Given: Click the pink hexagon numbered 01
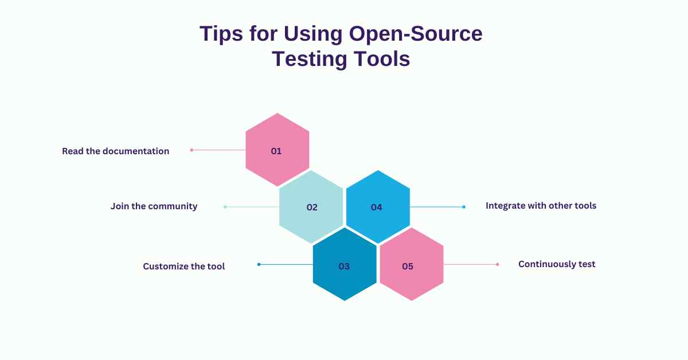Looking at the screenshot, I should click(x=277, y=150).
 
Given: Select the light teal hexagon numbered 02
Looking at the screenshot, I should click(x=311, y=207).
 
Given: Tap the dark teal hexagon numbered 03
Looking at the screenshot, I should click(x=345, y=265).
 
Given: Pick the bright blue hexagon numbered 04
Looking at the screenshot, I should click(x=377, y=207).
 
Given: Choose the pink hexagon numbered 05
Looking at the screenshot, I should click(x=411, y=265).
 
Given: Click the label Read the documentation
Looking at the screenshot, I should click(x=115, y=151).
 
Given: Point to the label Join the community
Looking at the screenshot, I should click(x=154, y=206).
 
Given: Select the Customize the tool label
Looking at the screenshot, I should click(x=183, y=266).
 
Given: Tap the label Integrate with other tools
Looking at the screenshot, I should click(x=541, y=205).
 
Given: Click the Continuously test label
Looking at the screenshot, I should click(x=557, y=264).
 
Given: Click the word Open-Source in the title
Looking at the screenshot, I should click(x=416, y=34).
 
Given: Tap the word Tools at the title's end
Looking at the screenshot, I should click(x=382, y=59).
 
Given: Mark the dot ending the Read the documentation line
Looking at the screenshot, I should click(x=191, y=150).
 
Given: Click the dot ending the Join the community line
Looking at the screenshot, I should click(x=225, y=207).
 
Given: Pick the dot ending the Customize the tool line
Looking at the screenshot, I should click(x=259, y=264).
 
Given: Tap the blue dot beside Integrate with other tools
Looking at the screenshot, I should click(x=464, y=207).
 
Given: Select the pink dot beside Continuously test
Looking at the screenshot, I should click(x=497, y=264).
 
